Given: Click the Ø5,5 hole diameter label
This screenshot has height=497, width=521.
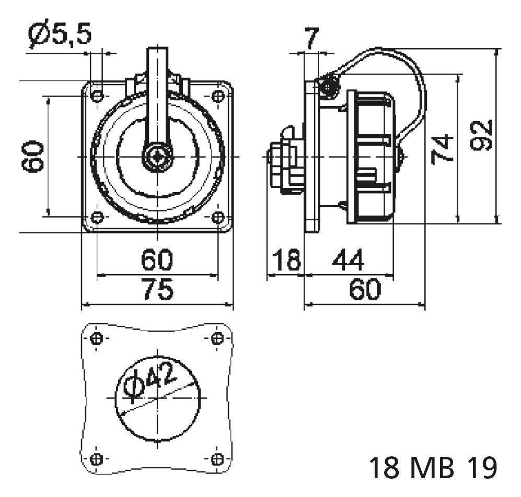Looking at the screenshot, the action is pos(60,34).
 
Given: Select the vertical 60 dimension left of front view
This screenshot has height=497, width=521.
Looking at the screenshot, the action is pos(33,156).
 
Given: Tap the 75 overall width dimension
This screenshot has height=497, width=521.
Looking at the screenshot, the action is pos(157,290).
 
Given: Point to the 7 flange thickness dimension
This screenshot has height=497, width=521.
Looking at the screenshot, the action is pos(311,38).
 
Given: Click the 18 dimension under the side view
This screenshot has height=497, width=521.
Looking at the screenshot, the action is pos(286,260).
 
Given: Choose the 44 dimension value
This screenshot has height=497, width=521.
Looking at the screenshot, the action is pos(348,260).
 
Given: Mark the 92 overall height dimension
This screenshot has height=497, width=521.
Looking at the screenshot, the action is pos(481,135).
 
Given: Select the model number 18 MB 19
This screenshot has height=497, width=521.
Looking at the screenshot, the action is pos(433,468).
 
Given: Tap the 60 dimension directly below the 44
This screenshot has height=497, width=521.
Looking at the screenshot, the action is pos(365,289).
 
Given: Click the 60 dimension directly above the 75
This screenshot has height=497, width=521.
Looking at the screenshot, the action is pos(157,260).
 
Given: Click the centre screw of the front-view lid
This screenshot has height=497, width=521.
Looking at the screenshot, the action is pos(157,157).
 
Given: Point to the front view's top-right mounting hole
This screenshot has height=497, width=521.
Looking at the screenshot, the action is pos(217,96).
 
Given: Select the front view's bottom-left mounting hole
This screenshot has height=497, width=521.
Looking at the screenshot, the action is pos(97,217).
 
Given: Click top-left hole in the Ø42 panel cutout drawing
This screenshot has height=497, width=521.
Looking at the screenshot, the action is pos(97,339).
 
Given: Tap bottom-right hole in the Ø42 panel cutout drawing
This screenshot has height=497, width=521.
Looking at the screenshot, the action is pos(217,459).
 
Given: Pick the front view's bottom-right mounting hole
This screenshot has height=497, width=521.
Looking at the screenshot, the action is pos(217,217).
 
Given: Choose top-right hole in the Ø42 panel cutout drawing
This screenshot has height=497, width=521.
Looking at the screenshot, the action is pos(217,339).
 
